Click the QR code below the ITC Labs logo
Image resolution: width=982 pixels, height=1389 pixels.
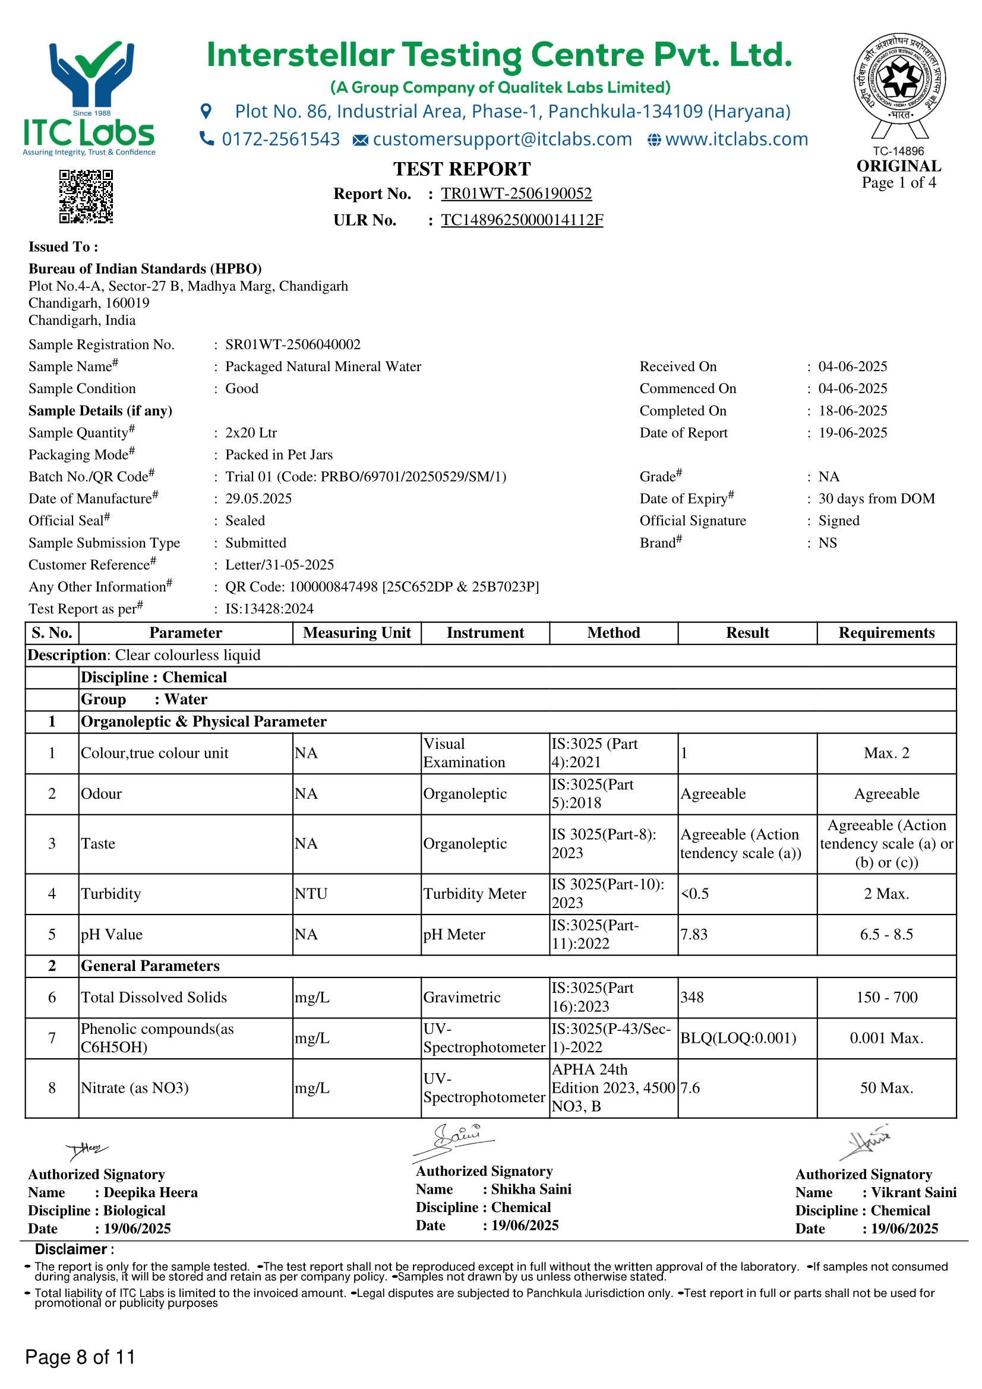86,197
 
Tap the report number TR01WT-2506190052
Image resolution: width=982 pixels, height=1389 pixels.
516,194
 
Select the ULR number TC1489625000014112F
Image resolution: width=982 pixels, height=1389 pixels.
522,220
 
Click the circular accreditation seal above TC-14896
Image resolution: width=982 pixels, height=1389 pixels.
899,78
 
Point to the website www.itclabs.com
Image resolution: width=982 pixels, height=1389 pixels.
736,140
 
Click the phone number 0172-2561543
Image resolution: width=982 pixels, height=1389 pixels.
281,140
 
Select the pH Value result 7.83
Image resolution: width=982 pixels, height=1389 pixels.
694,935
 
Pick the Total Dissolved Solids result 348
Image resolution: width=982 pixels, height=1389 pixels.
692,998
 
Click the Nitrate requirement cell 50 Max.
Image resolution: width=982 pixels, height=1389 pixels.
886,1089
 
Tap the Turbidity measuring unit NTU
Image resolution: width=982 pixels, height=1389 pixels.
311,894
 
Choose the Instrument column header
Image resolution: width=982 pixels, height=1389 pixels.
485,633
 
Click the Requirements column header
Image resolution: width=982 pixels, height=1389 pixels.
886,633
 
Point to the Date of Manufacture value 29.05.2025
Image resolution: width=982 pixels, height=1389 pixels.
258,499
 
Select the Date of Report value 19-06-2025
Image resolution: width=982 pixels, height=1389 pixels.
852,433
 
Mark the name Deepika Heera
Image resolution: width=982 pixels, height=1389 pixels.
151,1192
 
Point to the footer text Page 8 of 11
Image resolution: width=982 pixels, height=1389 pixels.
80,1357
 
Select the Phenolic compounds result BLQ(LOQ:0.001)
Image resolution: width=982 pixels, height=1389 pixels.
738,1038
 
